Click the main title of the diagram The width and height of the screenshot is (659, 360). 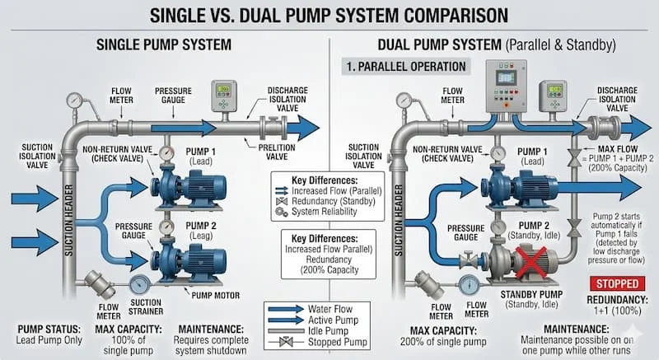329,16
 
